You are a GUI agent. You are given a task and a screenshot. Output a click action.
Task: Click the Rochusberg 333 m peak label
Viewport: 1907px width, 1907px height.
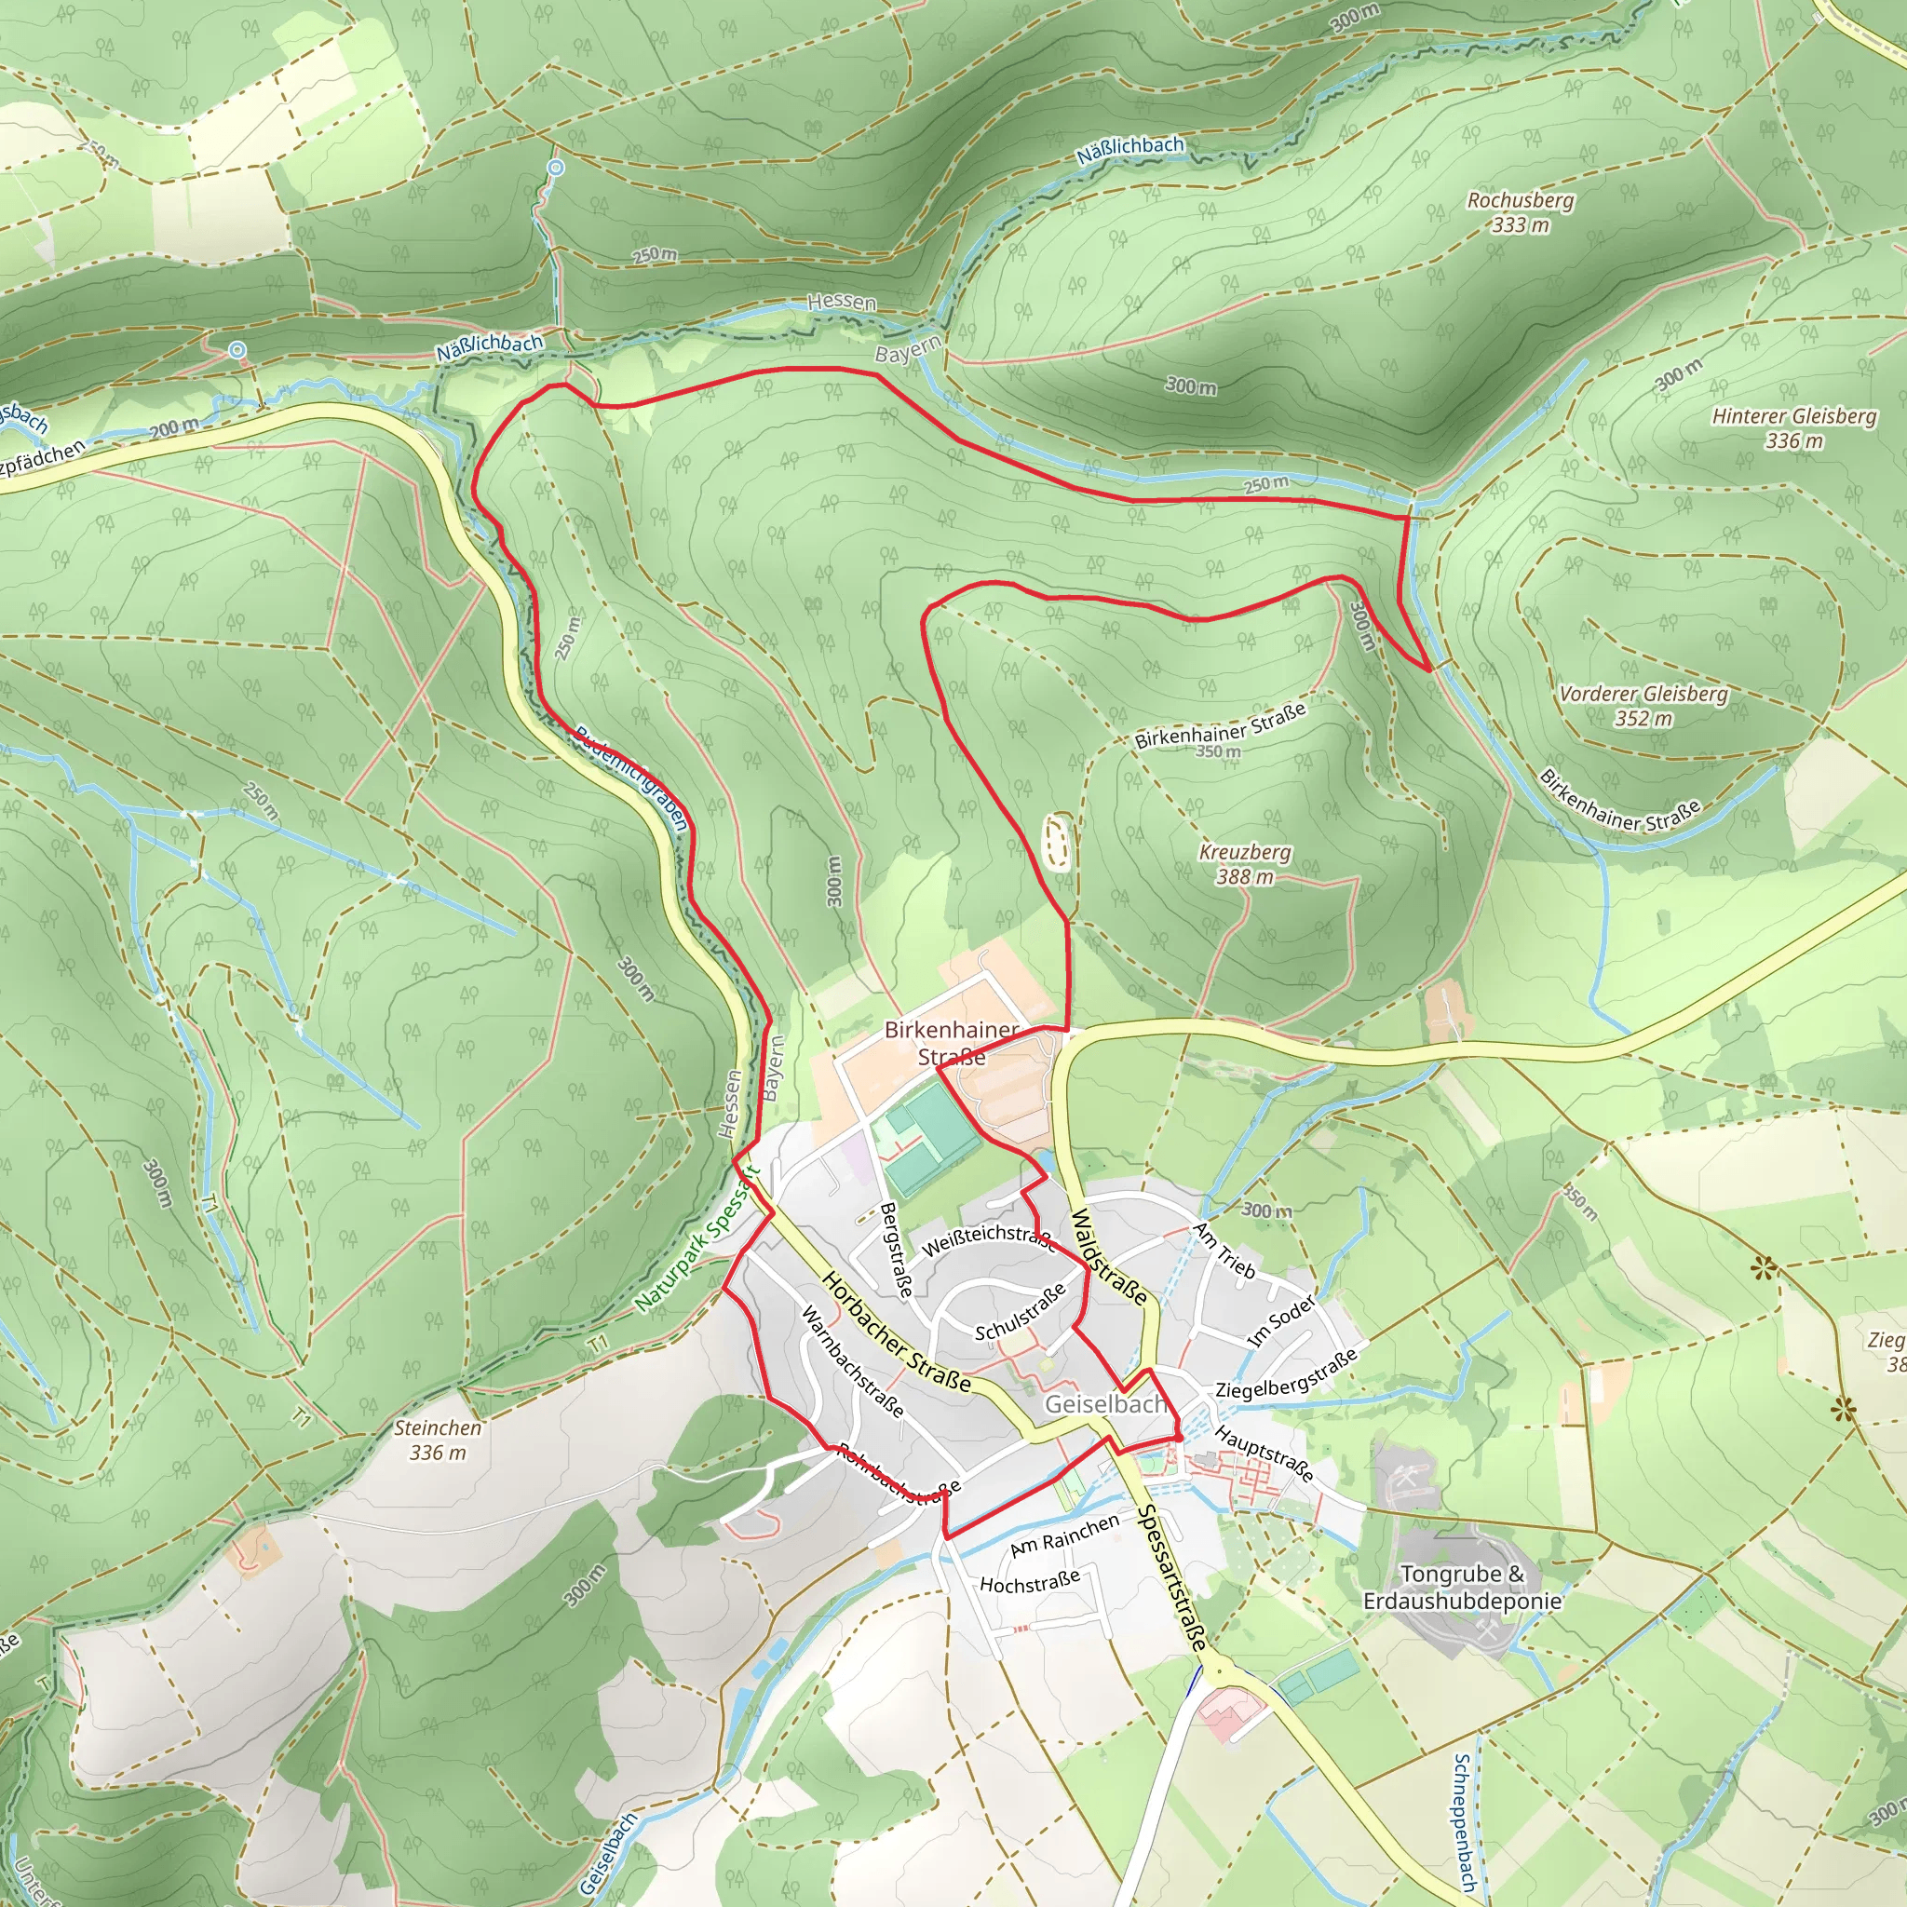tap(1520, 212)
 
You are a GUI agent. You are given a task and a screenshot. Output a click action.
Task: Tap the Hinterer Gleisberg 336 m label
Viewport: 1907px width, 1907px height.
tap(1793, 428)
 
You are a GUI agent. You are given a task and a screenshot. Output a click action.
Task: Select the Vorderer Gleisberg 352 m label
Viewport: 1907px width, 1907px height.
tap(1643, 706)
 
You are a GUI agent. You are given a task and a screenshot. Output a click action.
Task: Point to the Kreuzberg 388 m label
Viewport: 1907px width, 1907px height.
tap(1245, 864)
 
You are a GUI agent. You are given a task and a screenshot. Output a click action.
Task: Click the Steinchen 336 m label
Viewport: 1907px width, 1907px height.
tap(438, 1440)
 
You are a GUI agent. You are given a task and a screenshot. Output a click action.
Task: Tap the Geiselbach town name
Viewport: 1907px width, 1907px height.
tap(1105, 1403)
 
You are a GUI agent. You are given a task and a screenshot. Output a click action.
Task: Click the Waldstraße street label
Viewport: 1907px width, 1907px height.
tap(1109, 1255)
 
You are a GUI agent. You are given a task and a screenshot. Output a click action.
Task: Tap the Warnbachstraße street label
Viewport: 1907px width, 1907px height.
tap(852, 1360)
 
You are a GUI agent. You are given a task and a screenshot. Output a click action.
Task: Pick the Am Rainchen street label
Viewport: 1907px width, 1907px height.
tap(1065, 1535)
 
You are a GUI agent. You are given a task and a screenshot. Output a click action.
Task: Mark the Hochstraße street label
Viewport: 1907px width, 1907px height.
tap(1030, 1582)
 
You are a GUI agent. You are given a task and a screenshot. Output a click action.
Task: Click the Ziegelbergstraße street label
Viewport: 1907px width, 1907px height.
tap(1286, 1374)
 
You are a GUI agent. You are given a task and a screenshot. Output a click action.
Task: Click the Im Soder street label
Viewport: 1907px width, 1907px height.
tap(1282, 1320)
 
